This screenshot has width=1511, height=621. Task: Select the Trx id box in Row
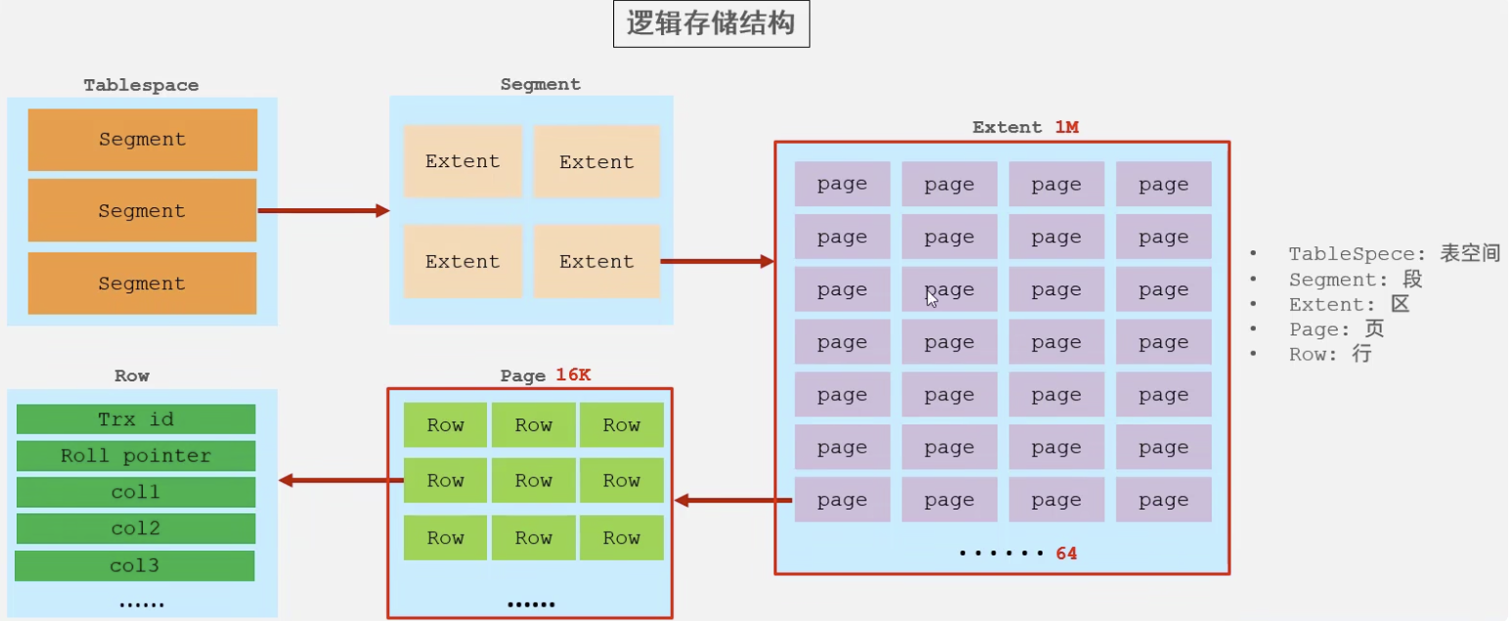136,420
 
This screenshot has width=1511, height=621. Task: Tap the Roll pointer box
136,456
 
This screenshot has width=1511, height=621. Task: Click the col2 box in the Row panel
136,529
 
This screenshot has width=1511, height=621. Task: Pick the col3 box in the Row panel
135,565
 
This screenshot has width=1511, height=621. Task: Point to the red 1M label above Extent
1066,127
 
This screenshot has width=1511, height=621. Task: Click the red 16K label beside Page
573,376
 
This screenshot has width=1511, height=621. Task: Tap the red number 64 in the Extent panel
1066,554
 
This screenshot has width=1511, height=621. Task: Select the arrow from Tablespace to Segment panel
323,210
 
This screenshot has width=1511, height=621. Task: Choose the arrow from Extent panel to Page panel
733,501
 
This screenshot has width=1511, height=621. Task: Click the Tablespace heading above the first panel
141,85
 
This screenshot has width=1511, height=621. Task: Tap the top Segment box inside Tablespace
142,140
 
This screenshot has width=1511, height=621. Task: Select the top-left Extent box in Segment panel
463,161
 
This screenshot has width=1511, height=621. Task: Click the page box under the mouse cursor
949,289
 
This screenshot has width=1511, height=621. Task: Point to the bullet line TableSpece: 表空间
1394,254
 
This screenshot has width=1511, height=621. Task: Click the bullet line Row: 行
1330,355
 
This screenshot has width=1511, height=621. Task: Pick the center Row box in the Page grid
533,480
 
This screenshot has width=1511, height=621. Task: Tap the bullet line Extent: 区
1350,304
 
